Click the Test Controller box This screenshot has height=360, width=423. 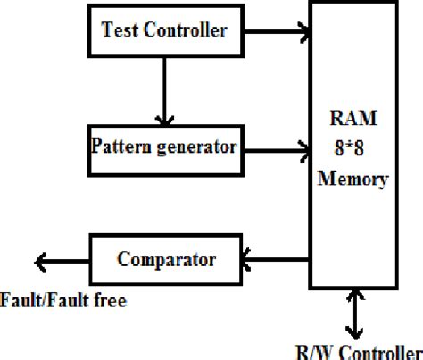click(163, 30)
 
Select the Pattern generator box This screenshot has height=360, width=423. click(163, 144)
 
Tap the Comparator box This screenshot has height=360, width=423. click(166, 260)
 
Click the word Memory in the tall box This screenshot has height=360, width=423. click(353, 179)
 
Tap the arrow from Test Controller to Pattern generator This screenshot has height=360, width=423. click(162, 89)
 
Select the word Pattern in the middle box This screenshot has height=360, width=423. click(119, 144)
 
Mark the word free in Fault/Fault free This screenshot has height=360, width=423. click(107, 301)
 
